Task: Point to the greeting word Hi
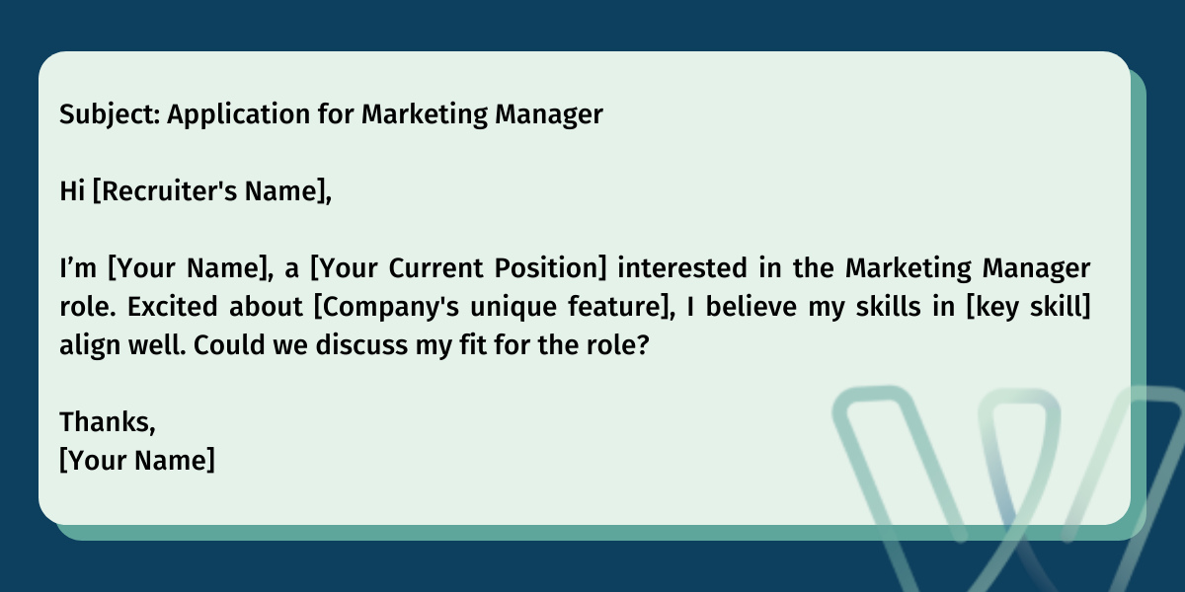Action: point(71,191)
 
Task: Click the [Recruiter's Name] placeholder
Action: point(210,191)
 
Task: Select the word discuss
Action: point(371,345)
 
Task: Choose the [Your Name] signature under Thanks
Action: point(136,460)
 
